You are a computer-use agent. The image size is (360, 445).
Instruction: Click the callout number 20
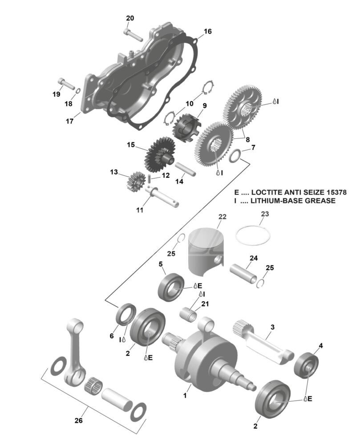130,18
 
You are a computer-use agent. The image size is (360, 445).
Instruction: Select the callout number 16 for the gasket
208,32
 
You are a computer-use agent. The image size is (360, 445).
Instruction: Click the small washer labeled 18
77,91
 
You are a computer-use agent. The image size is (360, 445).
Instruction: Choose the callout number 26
79,420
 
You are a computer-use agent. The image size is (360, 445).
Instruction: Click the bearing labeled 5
171,287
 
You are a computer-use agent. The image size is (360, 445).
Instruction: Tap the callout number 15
130,145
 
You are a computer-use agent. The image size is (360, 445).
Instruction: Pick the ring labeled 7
235,156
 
